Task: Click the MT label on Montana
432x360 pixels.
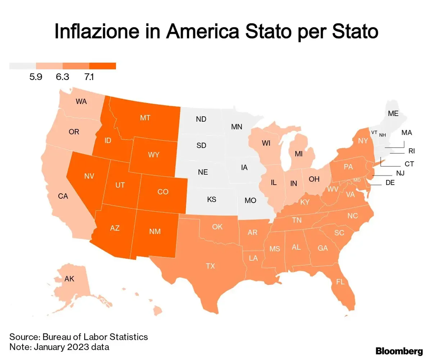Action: [x=145, y=117]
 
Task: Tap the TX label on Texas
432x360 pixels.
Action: [x=210, y=266]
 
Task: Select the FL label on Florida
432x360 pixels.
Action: [x=340, y=282]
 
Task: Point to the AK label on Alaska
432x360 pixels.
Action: [x=69, y=279]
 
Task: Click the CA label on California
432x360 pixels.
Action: [x=63, y=196]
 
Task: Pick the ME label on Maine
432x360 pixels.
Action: [x=393, y=113]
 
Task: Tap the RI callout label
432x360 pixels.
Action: [x=411, y=151]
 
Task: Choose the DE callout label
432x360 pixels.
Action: [x=390, y=183]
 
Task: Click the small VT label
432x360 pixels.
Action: [x=374, y=132]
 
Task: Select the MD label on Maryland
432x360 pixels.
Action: [x=357, y=180]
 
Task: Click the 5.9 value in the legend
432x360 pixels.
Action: [x=36, y=77]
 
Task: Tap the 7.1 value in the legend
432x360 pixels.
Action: [x=89, y=77]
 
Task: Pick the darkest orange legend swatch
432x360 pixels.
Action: [x=103, y=66]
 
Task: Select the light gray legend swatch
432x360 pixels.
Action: [x=22, y=66]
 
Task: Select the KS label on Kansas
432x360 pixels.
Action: [x=212, y=199]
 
